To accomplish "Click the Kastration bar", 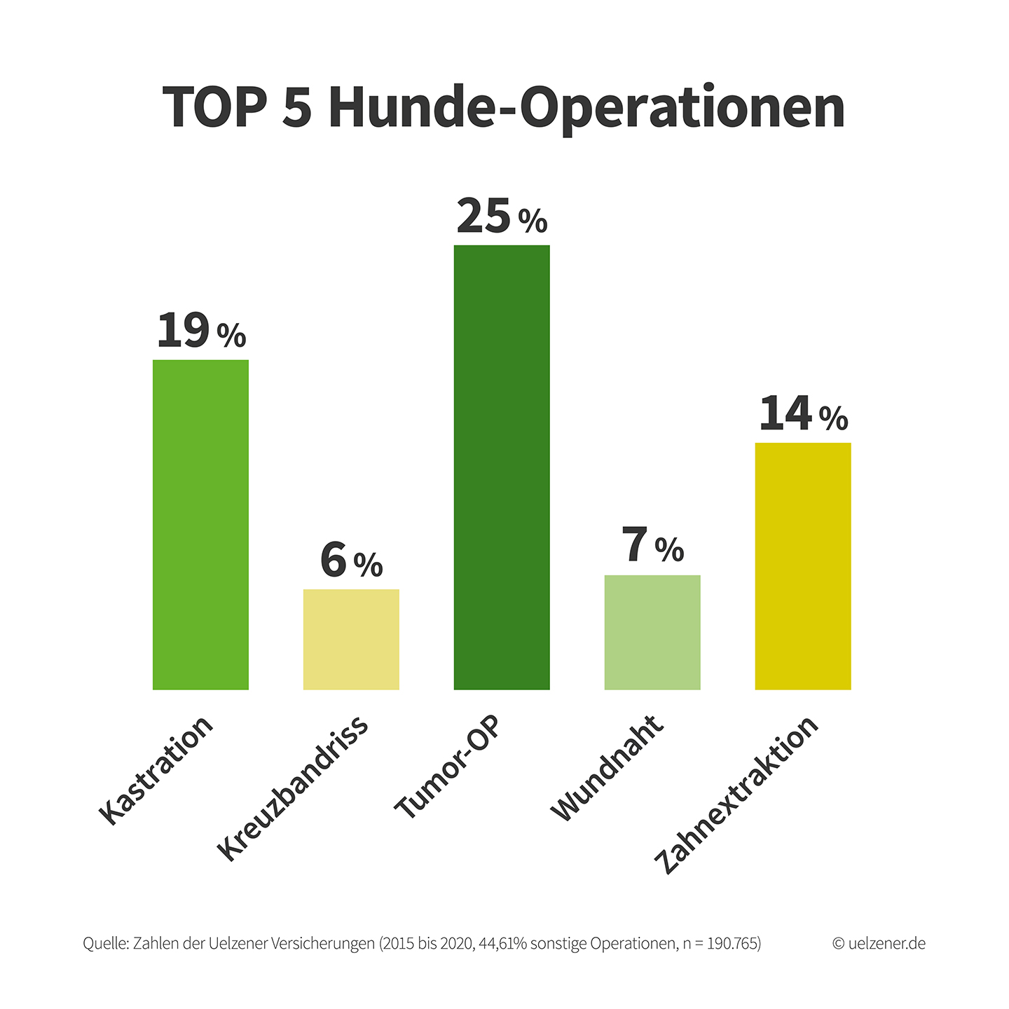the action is pyautogui.click(x=200, y=525).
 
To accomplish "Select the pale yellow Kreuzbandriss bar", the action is pyautogui.click(x=351, y=639).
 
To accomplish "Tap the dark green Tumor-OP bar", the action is pyautogui.click(x=502, y=467).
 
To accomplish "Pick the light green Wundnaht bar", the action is pyautogui.click(x=652, y=633).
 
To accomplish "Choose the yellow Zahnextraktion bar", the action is pyautogui.click(x=803, y=566).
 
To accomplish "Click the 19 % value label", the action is pyautogui.click(x=201, y=331).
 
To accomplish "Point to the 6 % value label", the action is pyautogui.click(x=351, y=560).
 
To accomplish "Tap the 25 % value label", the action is pyautogui.click(x=502, y=216).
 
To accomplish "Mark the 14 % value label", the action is pyautogui.click(x=803, y=413).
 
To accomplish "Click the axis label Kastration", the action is pyautogui.click(x=156, y=771).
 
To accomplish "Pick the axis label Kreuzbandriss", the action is pyautogui.click(x=293, y=788).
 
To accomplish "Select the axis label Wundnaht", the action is pyautogui.click(x=606, y=769).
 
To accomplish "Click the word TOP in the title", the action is pyautogui.click(x=214, y=107).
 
